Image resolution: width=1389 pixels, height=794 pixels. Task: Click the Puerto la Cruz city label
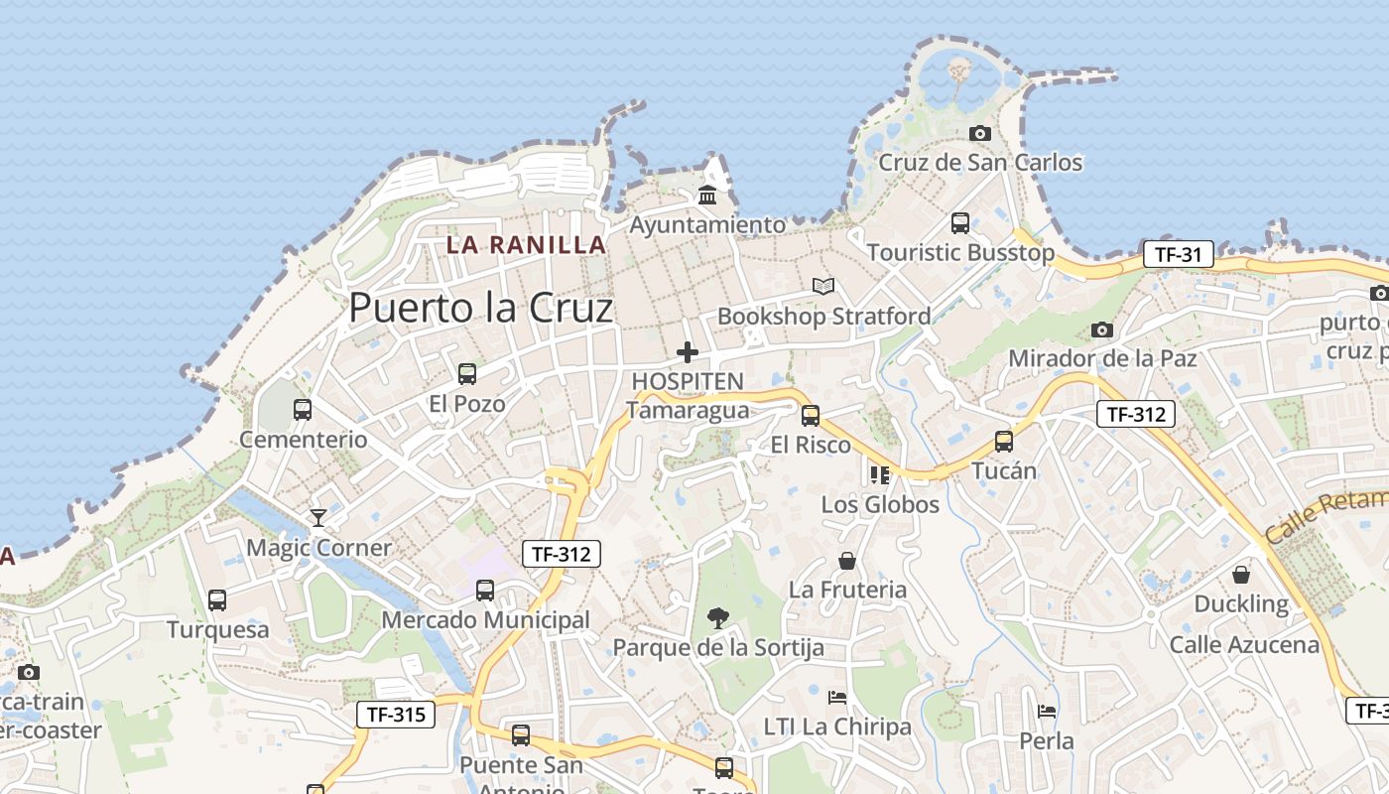(481, 308)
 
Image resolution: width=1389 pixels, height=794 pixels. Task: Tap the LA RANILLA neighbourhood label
(526, 244)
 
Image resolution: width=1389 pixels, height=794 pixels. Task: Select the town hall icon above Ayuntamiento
(707, 195)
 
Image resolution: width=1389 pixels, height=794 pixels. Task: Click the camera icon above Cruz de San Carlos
(980, 133)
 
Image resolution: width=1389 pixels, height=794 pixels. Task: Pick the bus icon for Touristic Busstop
(959, 223)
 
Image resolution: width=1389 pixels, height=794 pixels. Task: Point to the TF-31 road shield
(1178, 254)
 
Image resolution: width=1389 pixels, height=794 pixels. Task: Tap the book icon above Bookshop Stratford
(823, 286)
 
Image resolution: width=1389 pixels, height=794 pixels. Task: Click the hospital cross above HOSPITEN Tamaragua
(687, 352)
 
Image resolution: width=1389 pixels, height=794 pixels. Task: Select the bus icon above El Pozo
(466, 374)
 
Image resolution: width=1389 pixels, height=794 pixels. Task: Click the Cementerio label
(304, 440)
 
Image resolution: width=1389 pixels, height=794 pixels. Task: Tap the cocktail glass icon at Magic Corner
(317, 517)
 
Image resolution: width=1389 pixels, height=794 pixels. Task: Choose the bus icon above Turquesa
(216, 600)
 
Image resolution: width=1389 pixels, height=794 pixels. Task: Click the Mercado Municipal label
(486, 620)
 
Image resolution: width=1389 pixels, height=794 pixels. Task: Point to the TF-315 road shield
(396, 714)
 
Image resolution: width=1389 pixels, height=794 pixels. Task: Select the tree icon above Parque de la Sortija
(717, 618)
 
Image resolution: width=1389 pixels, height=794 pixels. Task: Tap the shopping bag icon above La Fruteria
(847, 561)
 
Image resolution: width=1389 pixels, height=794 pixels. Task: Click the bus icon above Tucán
(1004, 442)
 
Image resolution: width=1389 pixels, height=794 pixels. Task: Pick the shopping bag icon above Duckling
(1240, 575)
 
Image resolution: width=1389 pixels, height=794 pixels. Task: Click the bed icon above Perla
(1047, 712)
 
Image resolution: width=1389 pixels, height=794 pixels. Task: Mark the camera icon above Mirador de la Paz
(1101, 330)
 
